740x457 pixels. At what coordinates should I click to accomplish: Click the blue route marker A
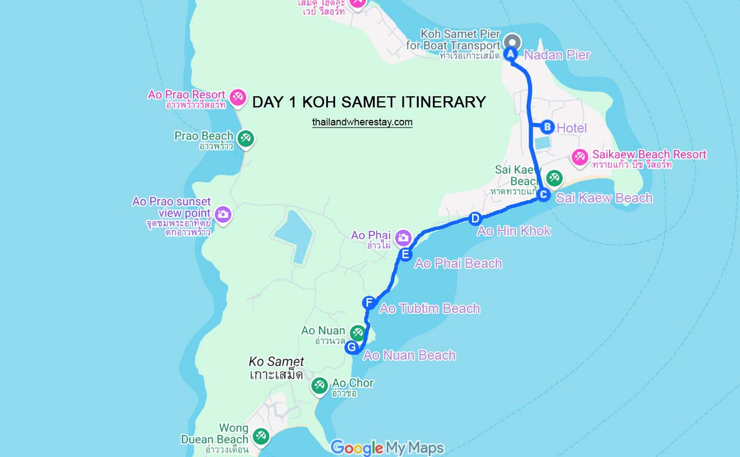click(510, 54)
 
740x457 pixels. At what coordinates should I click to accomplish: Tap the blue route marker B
click(547, 127)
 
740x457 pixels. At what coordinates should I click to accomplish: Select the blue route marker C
click(543, 195)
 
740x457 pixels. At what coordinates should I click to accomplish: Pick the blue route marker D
click(475, 218)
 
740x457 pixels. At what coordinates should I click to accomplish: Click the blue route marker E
click(405, 254)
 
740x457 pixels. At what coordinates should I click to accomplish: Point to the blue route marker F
click(369, 302)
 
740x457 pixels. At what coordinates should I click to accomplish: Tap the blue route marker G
click(352, 347)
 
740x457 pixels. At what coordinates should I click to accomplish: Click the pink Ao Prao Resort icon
click(238, 96)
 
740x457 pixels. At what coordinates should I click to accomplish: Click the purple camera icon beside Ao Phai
click(403, 237)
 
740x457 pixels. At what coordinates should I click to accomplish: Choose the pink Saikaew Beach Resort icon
click(579, 157)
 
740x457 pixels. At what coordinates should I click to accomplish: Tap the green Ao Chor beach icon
click(320, 385)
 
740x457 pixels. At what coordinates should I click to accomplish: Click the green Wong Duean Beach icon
click(260, 437)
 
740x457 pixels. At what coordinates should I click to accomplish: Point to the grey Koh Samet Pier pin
click(512, 42)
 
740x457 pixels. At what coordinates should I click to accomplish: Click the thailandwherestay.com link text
click(362, 122)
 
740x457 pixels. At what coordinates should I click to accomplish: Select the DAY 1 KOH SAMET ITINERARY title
click(369, 102)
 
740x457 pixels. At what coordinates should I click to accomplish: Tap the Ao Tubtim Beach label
click(430, 309)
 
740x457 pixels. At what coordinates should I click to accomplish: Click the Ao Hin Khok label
click(514, 231)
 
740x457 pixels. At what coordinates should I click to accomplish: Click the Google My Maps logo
click(387, 448)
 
